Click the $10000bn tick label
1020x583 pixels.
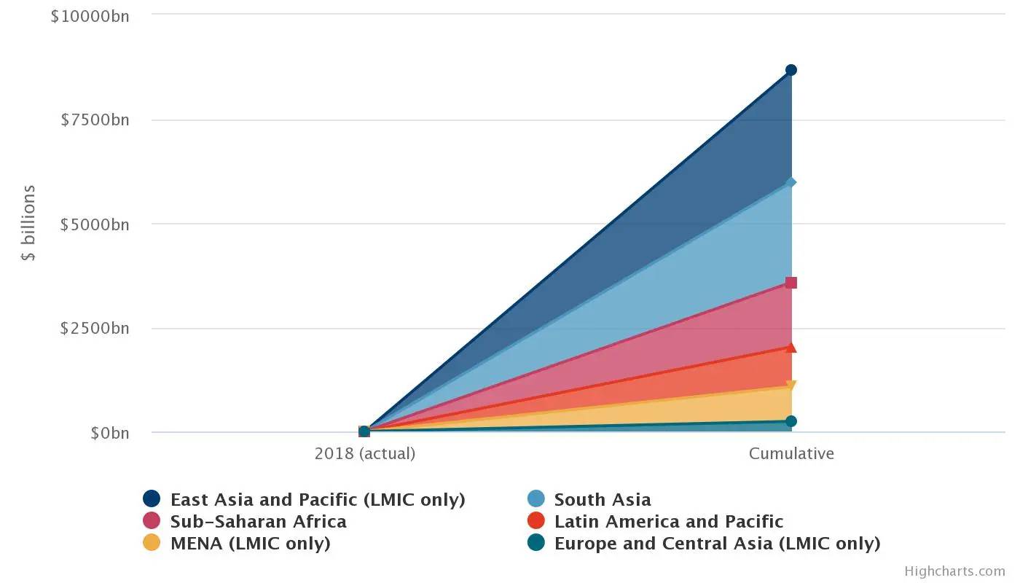[x=90, y=15]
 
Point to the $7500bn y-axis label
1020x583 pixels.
[x=95, y=120]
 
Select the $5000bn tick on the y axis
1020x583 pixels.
[x=95, y=224]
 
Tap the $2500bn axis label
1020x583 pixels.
[x=95, y=328]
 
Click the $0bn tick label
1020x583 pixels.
[x=109, y=433]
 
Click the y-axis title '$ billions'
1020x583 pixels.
[x=28, y=223]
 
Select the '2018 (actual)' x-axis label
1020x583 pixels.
[x=364, y=453]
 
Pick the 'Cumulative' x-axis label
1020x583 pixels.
[x=791, y=453]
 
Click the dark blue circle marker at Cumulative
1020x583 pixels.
[x=791, y=70]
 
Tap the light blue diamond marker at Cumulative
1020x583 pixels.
[x=791, y=182]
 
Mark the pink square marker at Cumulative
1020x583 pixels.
[x=791, y=283]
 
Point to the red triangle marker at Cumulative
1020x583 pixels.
[x=791, y=347]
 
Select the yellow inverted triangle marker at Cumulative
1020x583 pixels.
[x=791, y=386]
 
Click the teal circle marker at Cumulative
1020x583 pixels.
[x=791, y=421]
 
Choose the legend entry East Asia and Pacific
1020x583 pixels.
[x=317, y=500]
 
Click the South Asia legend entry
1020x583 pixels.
[x=602, y=500]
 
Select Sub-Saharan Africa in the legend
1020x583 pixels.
[x=258, y=522]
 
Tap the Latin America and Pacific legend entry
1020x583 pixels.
[x=668, y=522]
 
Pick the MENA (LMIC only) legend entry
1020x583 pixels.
[x=250, y=544]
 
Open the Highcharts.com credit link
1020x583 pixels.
[x=954, y=571]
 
